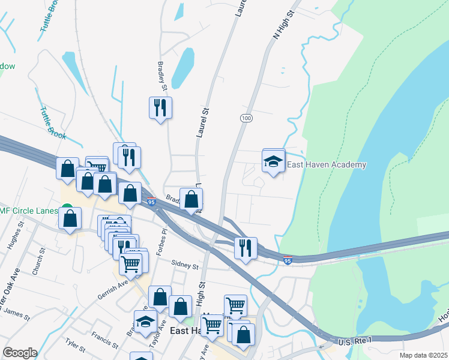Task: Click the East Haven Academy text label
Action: click(327, 165)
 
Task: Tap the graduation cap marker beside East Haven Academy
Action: click(273, 161)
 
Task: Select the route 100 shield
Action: click(246, 118)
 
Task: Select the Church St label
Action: click(38, 262)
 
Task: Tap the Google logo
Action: click(20, 353)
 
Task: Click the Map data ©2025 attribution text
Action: click(424, 355)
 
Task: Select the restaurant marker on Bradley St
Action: click(160, 108)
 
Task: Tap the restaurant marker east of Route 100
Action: click(245, 248)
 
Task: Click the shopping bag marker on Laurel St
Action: click(191, 199)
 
